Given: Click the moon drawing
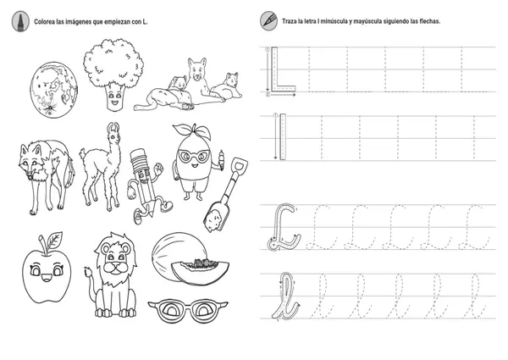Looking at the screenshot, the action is pyautogui.click(x=54, y=90).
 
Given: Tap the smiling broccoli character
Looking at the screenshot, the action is pyautogui.click(x=113, y=75).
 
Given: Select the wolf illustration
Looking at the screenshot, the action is pyautogui.click(x=46, y=177).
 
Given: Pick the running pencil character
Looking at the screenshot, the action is pyautogui.click(x=146, y=186).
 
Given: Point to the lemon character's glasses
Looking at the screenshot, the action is pyautogui.click(x=193, y=157).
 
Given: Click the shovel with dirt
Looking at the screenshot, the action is pyautogui.click(x=226, y=195).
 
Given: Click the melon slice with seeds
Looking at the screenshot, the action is pyautogui.click(x=200, y=271).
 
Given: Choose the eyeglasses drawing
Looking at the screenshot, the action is pyautogui.click(x=188, y=310).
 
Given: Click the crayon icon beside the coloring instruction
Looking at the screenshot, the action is pyautogui.click(x=20, y=21).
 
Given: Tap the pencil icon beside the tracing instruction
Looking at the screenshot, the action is pyautogui.click(x=268, y=20).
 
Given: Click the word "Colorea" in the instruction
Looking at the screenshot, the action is pyautogui.click(x=44, y=22).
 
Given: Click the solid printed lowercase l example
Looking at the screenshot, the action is pyautogui.click(x=283, y=136).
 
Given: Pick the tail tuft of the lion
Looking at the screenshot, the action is pyautogui.click(x=88, y=271).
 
